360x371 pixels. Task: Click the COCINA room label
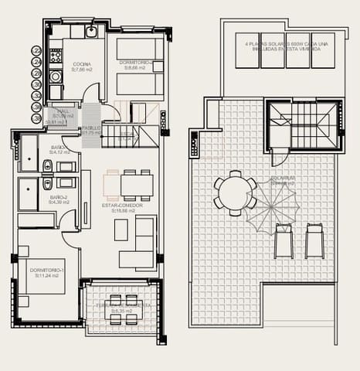(81, 66)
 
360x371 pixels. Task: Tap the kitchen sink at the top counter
(91, 32)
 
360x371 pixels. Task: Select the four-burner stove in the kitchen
(56, 56)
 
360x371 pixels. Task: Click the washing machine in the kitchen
(56, 77)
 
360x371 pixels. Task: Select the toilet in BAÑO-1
(46, 165)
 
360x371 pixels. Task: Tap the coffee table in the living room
(121, 230)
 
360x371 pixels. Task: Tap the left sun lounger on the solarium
(284, 240)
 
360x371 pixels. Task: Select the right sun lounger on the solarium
(314, 240)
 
